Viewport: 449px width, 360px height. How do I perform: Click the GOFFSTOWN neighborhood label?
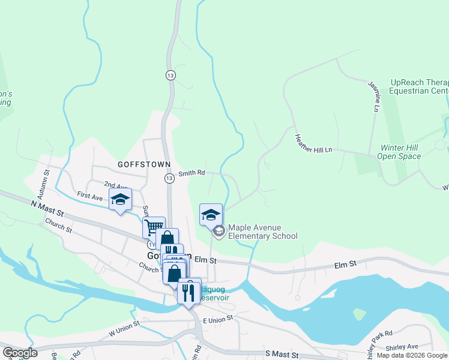(x=144, y=164)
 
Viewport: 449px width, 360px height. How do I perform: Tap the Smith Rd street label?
(x=192, y=173)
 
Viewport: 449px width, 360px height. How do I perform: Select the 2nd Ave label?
(x=116, y=185)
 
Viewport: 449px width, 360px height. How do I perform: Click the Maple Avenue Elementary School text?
(x=262, y=232)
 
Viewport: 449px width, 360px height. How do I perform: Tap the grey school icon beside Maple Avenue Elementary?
(x=219, y=231)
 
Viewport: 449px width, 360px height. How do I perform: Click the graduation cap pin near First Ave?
(x=121, y=200)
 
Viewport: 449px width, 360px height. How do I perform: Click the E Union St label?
(x=217, y=321)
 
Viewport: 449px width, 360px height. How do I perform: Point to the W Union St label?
(x=124, y=328)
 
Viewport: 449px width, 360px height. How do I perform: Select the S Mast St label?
(x=282, y=355)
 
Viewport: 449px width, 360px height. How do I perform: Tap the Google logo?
(x=20, y=353)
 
